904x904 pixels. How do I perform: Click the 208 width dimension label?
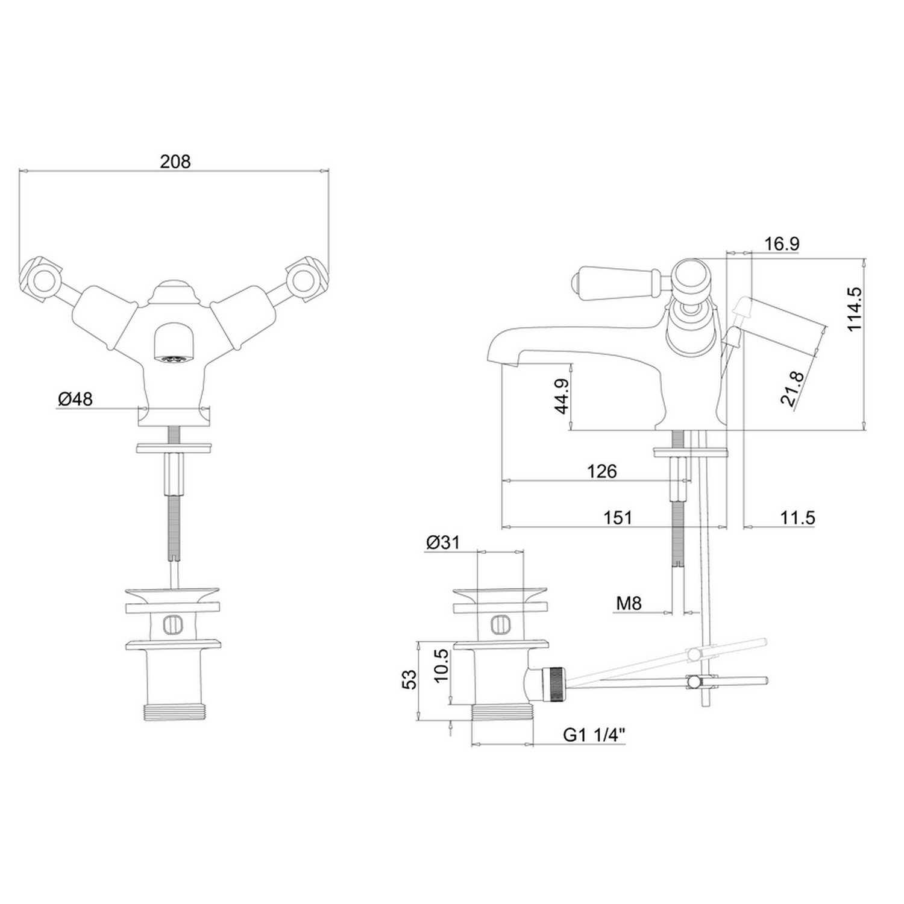(175, 162)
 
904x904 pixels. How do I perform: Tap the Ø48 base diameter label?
(75, 398)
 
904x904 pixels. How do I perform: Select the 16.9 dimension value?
(782, 244)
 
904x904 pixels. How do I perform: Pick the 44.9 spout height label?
(562, 396)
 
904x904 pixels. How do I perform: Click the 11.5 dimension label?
(798, 517)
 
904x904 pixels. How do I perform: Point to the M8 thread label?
(629, 602)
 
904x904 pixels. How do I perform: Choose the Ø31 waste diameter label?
(442, 542)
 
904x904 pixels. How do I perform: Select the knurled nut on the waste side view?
(553, 684)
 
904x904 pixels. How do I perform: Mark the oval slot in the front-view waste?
(172, 624)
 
